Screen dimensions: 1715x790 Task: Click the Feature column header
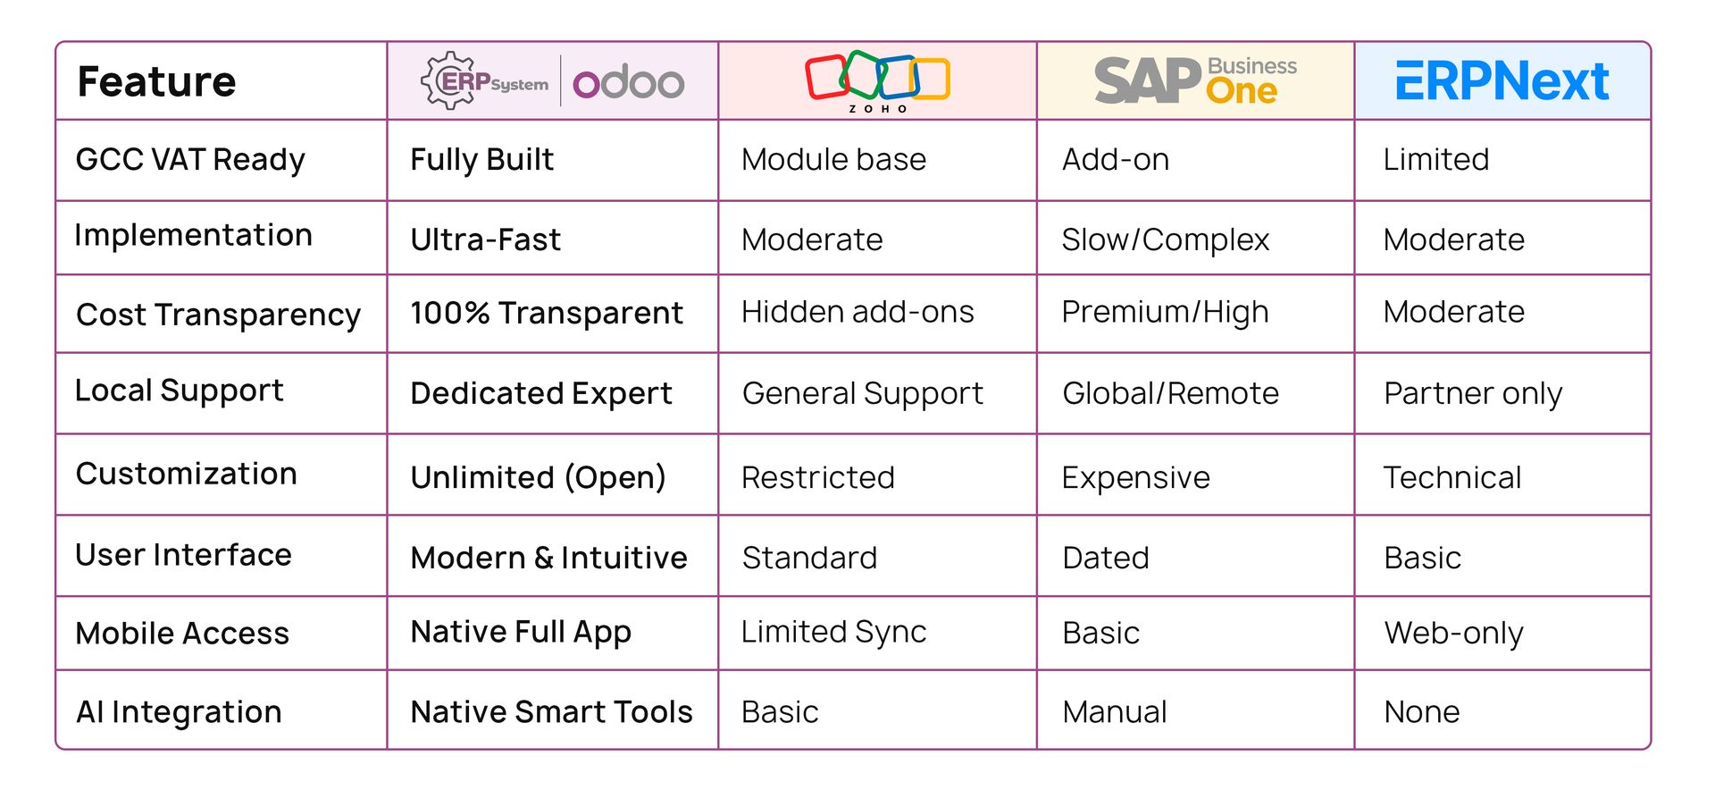tap(157, 81)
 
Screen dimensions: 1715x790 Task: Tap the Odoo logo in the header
tap(628, 83)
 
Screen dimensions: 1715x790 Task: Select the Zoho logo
tap(877, 81)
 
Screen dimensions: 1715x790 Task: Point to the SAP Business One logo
tap(1195, 80)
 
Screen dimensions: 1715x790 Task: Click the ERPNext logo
tap(1502, 81)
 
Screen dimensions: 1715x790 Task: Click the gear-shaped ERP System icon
tap(448, 80)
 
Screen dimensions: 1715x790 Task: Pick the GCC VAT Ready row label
tap(190, 159)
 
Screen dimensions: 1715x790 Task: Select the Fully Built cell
tap(482, 159)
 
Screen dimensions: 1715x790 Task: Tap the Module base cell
tap(833, 159)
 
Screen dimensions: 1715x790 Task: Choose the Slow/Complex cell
tap(1166, 240)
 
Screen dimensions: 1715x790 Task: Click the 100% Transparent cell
tap(547, 313)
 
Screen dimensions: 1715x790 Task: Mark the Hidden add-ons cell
tap(857, 312)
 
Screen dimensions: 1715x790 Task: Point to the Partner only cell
tap(1473, 393)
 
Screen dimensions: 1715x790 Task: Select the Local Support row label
tap(180, 391)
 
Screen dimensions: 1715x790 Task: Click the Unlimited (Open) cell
tap(539, 477)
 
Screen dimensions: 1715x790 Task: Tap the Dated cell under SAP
tap(1106, 558)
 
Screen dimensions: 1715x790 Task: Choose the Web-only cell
tap(1454, 633)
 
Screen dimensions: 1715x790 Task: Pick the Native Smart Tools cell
tap(552, 711)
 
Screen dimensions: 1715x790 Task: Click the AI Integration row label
tap(180, 711)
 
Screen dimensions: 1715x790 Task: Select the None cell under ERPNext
tap(1422, 711)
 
